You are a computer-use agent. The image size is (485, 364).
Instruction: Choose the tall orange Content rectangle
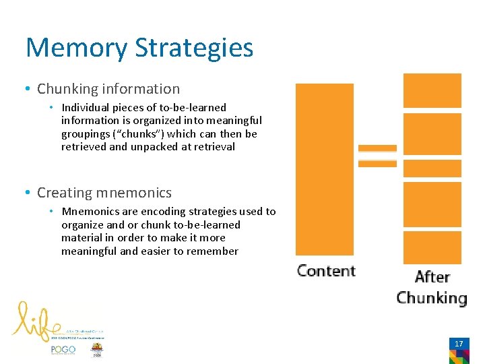click(324, 169)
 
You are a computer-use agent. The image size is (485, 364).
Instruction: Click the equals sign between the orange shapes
click(377, 156)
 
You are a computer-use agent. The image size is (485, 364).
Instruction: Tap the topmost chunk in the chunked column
click(432, 90)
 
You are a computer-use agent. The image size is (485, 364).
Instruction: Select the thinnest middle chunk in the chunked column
click(432, 168)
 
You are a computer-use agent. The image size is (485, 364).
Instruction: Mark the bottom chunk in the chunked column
click(432, 247)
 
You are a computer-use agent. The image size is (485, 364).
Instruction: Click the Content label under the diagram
click(326, 271)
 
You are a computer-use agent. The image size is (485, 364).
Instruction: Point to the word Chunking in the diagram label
click(431, 298)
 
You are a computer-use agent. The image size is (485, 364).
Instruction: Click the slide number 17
click(459, 344)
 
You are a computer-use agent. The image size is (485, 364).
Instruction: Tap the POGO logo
click(63, 350)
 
